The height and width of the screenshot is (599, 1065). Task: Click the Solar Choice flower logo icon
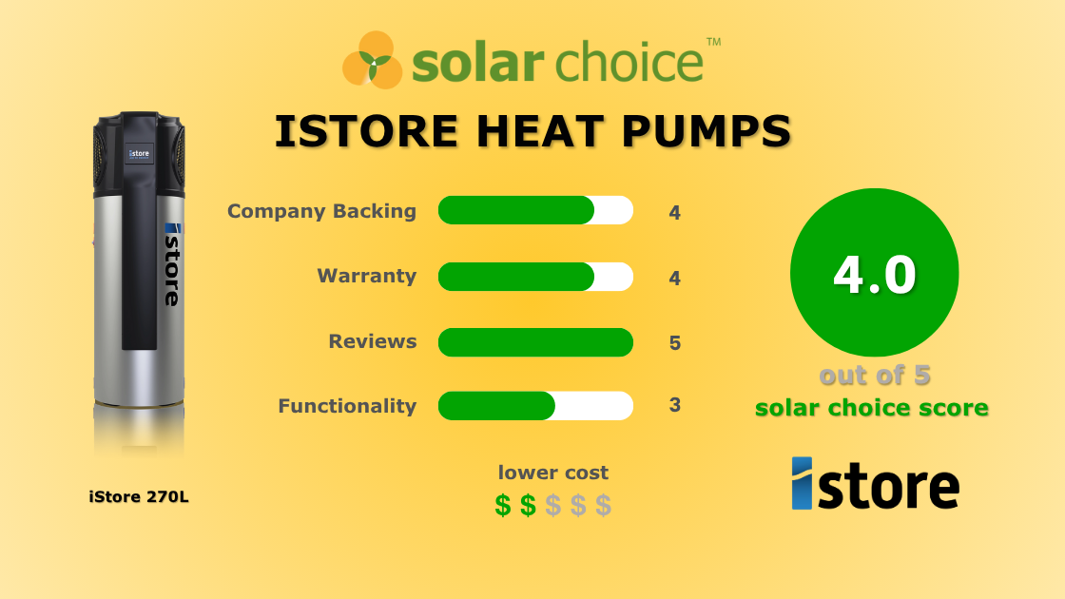(373, 59)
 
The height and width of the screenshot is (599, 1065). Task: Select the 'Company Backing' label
(321, 211)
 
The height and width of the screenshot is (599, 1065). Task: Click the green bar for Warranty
(516, 277)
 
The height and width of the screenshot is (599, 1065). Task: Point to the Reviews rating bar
(535, 342)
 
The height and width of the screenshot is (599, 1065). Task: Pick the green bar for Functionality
(496, 405)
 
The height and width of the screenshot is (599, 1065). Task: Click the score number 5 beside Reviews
(675, 342)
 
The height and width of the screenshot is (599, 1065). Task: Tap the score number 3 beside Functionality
(675, 405)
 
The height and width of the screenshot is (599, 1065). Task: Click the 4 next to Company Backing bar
(675, 213)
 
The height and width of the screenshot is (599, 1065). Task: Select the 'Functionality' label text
(347, 406)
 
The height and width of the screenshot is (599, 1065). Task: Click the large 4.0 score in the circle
(874, 274)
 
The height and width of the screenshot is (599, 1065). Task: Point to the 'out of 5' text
(874, 376)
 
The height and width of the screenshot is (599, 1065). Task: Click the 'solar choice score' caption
(872, 408)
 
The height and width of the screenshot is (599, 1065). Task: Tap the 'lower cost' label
(553, 473)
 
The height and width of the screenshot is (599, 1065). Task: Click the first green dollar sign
(503, 506)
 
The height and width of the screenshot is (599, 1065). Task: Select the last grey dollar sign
(603, 506)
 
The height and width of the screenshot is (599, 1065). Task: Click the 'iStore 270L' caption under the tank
(139, 496)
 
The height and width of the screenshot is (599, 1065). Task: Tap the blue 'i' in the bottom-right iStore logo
(802, 483)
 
